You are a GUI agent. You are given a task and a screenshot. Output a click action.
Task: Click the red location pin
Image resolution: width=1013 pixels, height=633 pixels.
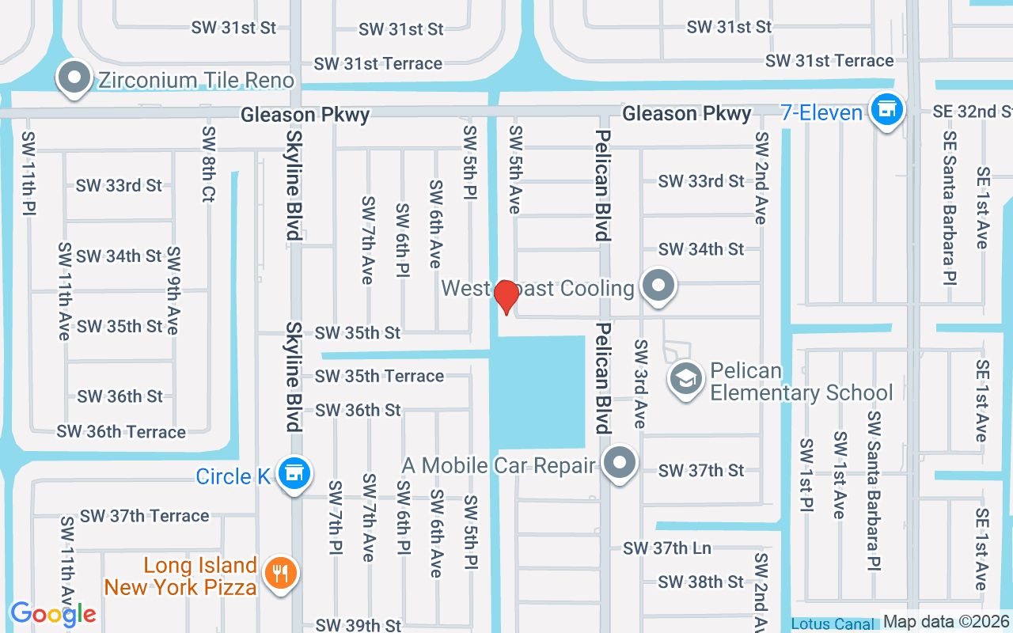pos(506,297)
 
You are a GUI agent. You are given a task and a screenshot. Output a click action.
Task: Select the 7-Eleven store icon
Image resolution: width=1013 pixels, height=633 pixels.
pos(886,111)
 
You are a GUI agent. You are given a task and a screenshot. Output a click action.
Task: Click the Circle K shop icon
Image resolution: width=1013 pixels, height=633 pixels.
pos(294,474)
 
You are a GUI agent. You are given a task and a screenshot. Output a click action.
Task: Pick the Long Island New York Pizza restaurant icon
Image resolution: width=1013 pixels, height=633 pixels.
pos(279,573)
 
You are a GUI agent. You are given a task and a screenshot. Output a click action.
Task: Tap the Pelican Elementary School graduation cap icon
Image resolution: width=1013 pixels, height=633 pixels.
pos(685,380)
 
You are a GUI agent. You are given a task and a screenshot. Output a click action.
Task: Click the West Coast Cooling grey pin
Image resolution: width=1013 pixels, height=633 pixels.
pos(657,286)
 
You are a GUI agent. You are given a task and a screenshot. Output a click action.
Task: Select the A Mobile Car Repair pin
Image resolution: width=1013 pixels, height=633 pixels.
pos(619,464)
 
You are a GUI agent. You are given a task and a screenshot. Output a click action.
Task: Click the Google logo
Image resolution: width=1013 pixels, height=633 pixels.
pos(53,613)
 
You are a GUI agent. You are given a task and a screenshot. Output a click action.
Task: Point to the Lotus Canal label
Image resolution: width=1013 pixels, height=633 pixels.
pos(833,624)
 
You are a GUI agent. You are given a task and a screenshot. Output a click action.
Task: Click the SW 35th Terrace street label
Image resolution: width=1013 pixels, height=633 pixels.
pos(379,376)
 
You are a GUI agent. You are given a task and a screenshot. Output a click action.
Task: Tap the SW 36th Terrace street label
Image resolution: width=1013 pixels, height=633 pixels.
pos(121,432)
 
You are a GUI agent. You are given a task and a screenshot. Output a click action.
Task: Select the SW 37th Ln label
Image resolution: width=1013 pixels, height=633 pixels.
pos(666,548)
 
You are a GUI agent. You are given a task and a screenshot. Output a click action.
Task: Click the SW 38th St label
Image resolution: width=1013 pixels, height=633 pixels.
pos(701,582)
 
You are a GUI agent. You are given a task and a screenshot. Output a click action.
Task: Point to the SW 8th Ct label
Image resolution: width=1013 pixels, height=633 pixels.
pos(208,164)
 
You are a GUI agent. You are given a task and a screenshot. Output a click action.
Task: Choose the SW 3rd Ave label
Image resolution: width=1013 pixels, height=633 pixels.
pos(639,384)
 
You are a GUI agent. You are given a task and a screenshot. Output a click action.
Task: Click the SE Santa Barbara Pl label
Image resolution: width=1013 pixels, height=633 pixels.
pos(949,207)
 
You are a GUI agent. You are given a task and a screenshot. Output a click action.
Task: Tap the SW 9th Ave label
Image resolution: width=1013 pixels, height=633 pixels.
pos(173,290)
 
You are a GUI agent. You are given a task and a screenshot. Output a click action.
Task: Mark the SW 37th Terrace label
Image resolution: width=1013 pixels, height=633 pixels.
pos(145,516)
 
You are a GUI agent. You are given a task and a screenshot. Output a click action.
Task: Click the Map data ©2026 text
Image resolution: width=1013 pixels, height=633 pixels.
pos(946,622)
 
